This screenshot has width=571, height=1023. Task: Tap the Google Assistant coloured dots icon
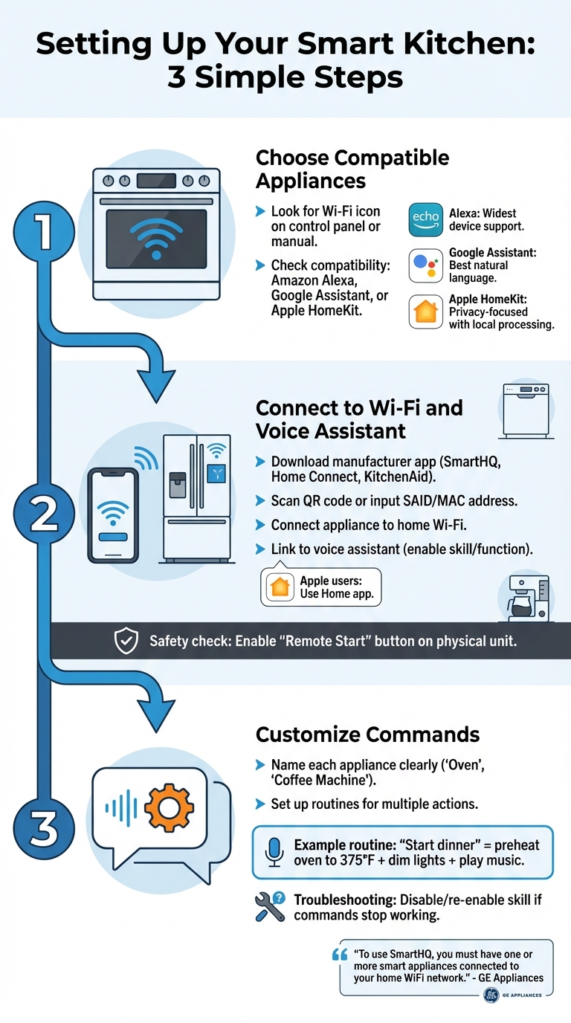(x=426, y=265)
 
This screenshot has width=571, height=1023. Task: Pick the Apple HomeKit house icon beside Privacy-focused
(x=426, y=312)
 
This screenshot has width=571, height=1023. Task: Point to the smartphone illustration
(x=113, y=515)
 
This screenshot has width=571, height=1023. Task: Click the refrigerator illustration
(x=197, y=497)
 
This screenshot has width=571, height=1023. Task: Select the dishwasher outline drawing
(x=526, y=409)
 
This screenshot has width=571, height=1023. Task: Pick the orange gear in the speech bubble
(x=169, y=807)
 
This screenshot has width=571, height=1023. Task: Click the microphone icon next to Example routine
(x=274, y=851)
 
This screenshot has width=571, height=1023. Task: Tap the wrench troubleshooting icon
(x=269, y=906)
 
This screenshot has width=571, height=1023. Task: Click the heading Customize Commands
(x=367, y=735)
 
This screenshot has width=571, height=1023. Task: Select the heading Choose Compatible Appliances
(x=352, y=169)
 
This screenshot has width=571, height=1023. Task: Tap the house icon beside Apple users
(x=280, y=587)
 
